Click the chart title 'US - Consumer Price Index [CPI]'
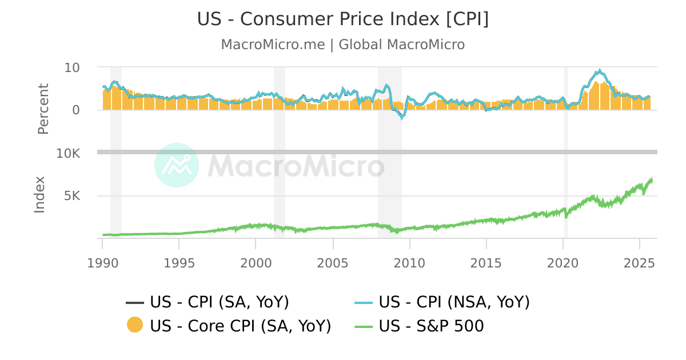click(343, 19)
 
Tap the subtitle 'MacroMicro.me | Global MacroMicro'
click(343, 45)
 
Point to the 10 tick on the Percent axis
click(72, 67)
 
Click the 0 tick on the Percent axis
click(76, 110)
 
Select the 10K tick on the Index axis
click(68, 154)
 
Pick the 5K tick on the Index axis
click(72, 196)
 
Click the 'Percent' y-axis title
click(43, 109)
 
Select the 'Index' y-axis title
click(39, 195)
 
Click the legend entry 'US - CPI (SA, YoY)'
click(219, 302)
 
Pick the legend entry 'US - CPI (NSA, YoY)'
click(454, 302)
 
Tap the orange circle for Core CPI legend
click(135, 326)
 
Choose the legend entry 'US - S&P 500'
click(431, 326)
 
